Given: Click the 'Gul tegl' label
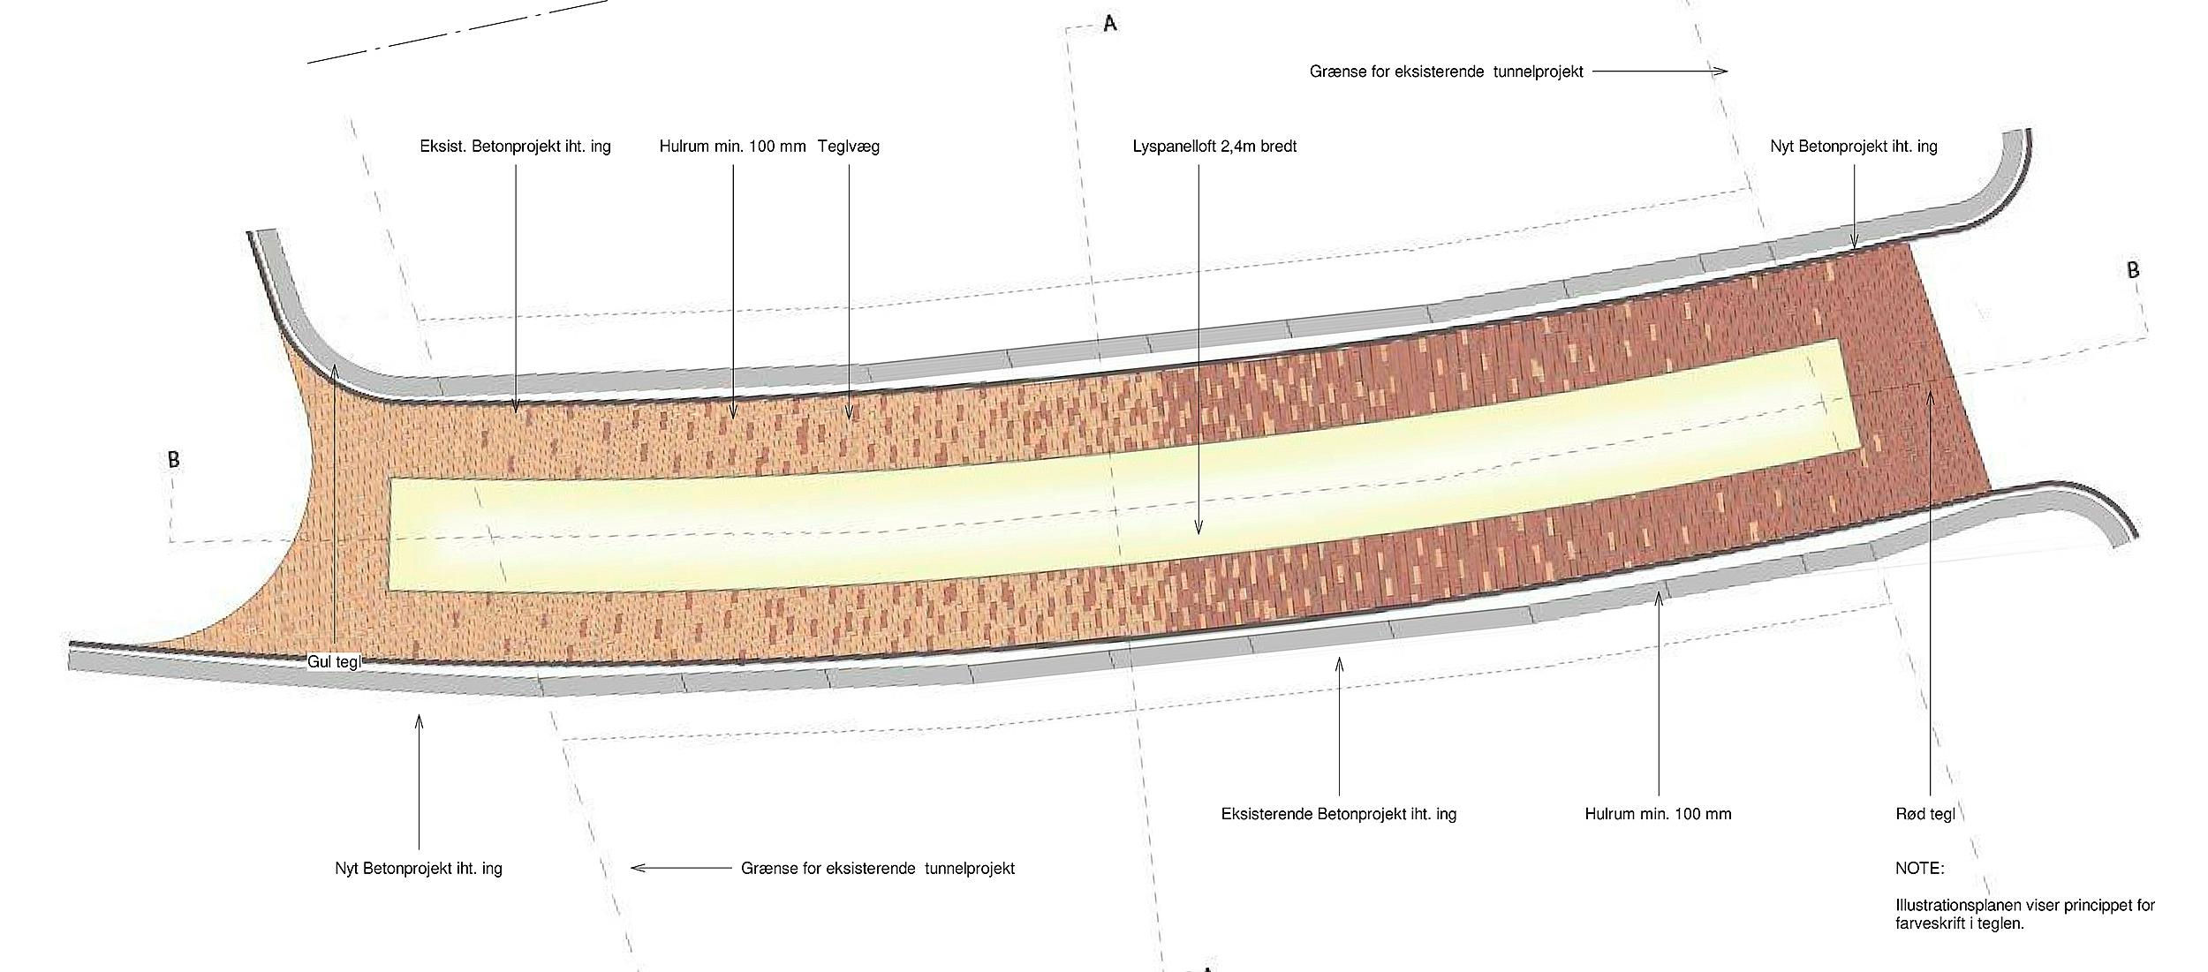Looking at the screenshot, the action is [x=334, y=661].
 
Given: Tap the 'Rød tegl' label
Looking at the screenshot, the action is [x=1925, y=814].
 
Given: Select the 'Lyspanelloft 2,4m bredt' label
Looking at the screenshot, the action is [x=1214, y=147].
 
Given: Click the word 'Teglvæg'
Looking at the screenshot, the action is [x=848, y=147].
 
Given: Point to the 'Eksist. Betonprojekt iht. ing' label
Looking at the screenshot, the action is [x=515, y=147].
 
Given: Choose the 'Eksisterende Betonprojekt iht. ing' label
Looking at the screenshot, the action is [x=1338, y=814].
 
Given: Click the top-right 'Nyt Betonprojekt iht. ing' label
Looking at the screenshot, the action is [x=1853, y=147].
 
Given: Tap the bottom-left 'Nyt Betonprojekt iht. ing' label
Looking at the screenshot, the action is [x=418, y=869].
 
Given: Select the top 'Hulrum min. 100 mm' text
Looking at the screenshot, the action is [x=732, y=147].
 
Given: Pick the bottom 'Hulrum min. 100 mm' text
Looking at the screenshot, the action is [x=1658, y=814].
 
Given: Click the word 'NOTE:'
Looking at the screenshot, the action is [x=1919, y=869].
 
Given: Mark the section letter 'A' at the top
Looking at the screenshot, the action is [x=1110, y=24].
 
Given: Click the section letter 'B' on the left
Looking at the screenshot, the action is [x=174, y=460].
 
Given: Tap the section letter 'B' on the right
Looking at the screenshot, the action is [x=2133, y=270].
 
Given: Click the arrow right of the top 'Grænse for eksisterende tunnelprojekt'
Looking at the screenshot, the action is [x=1660, y=71].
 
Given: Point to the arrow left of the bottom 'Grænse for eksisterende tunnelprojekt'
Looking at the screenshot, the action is [x=681, y=868].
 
